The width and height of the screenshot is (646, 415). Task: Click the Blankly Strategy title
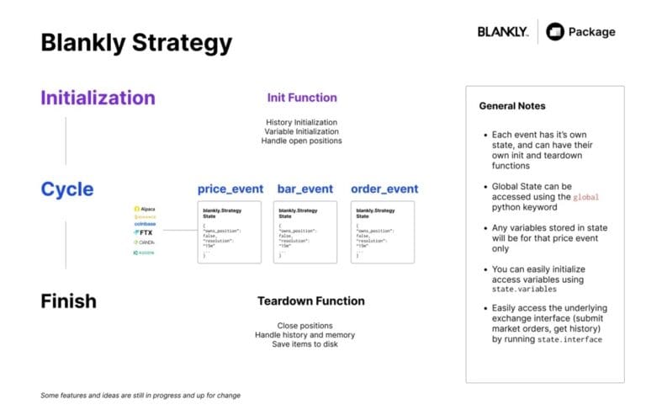[136, 42]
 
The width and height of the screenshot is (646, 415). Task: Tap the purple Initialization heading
[98, 98]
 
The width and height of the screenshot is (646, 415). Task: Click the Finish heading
[68, 301]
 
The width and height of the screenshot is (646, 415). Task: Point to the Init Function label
[302, 98]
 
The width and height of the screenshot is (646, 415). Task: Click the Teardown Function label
[310, 301]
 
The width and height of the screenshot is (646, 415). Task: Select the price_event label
[230, 189]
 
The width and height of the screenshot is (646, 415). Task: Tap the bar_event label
[304, 189]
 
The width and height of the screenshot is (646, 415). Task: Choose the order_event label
[384, 189]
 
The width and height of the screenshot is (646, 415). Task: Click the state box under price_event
[229, 231]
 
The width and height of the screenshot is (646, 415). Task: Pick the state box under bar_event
[304, 231]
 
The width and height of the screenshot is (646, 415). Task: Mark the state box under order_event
[383, 231]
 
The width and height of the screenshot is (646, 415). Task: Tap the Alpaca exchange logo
[144, 209]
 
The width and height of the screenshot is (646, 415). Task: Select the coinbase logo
[145, 223]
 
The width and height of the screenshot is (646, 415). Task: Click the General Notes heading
[511, 106]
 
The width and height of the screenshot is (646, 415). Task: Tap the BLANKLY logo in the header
[503, 32]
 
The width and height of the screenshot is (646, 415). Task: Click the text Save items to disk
[304, 344]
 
